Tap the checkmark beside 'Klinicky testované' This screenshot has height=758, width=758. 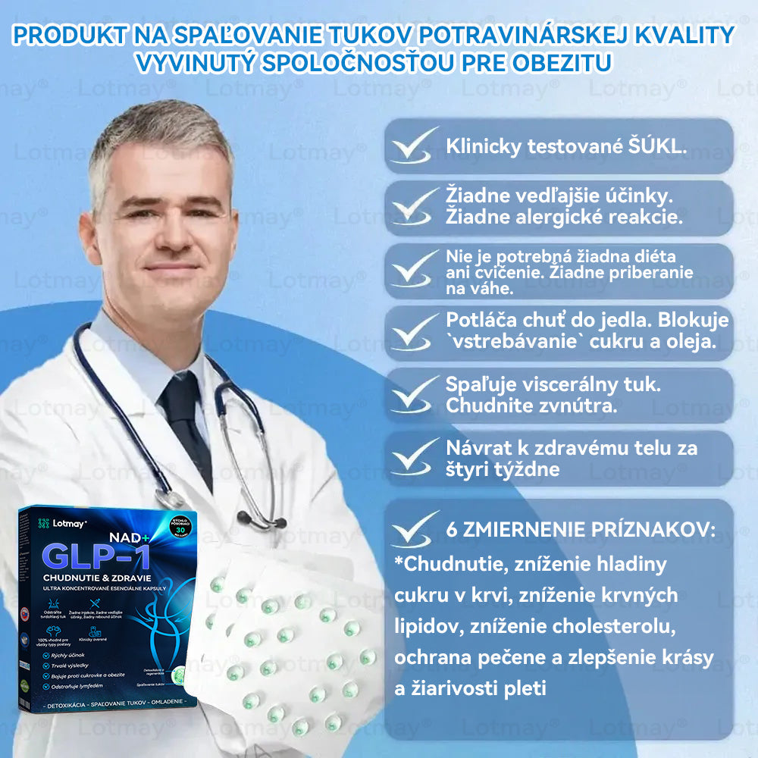pos(414,145)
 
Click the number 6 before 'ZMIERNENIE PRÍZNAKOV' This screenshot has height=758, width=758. pos(453,529)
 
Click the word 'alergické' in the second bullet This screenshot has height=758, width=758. pos(566,218)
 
